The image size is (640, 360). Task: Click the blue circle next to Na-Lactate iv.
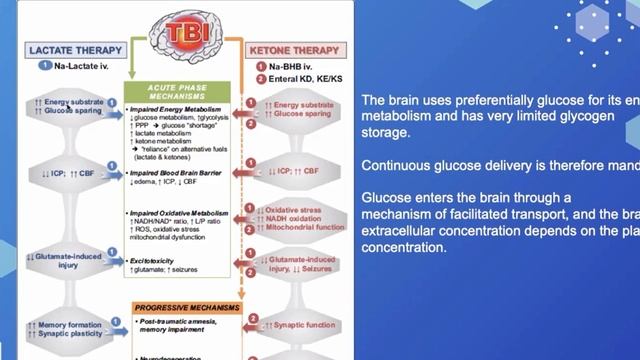click(45, 66)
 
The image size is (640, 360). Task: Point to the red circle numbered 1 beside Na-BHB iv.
click(261, 66)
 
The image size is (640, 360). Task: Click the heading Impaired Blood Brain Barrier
click(177, 172)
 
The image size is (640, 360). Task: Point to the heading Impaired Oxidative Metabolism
click(180, 214)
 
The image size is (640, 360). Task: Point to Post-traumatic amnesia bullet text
click(176, 321)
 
